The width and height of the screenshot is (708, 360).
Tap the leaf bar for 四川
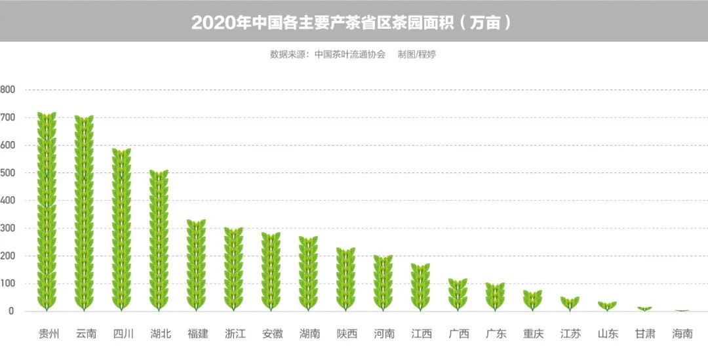(x=121, y=230)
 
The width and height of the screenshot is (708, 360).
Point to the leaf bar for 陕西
(x=345, y=279)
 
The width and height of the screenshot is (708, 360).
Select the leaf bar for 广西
(x=458, y=294)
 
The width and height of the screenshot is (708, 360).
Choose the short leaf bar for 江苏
(x=570, y=304)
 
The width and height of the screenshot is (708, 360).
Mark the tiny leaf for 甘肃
(x=645, y=308)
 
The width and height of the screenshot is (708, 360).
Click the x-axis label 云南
(x=85, y=334)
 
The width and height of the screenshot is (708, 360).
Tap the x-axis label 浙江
(x=235, y=334)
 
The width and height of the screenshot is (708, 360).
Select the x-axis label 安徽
(x=272, y=334)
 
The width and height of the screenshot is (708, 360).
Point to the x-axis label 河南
(x=384, y=334)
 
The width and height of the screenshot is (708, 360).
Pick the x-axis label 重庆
(x=533, y=334)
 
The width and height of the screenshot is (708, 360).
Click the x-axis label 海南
(x=682, y=334)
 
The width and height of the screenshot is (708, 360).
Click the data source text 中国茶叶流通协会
(x=349, y=54)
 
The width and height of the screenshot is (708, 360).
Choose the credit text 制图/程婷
(x=416, y=54)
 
